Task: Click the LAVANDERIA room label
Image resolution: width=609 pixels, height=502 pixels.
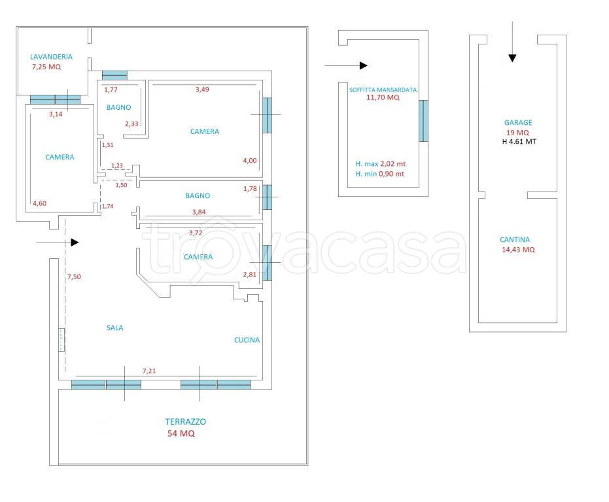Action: (51, 57)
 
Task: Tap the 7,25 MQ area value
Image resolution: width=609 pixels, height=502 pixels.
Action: (46, 67)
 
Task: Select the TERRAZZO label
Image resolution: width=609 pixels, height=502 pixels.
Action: (186, 422)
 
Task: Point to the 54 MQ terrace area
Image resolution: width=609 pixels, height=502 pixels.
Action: (181, 433)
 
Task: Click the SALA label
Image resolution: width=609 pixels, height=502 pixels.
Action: (115, 327)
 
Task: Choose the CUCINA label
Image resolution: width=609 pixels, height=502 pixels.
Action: (247, 340)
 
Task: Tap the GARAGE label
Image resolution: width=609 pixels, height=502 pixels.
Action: (518, 123)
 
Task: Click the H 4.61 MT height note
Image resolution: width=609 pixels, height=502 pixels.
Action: (519, 142)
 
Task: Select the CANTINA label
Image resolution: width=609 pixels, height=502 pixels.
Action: (515, 240)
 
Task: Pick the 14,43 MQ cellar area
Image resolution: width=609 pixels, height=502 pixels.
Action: (518, 250)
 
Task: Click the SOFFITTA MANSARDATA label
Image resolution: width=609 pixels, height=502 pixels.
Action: (383, 90)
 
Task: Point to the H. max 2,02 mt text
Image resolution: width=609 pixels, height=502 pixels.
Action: (381, 164)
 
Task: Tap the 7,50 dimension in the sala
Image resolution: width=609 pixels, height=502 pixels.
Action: (74, 276)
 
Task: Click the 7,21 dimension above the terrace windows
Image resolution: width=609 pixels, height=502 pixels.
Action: (149, 371)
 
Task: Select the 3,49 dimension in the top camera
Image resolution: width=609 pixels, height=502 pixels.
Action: (202, 90)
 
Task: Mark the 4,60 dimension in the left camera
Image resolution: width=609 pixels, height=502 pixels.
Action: (40, 203)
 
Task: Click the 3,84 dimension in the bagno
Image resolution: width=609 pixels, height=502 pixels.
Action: (199, 212)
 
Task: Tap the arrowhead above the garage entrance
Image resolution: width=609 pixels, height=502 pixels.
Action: (512, 58)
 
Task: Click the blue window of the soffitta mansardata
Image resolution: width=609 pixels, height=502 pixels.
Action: (423, 121)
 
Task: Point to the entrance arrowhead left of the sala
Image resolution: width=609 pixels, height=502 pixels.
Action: (75, 243)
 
